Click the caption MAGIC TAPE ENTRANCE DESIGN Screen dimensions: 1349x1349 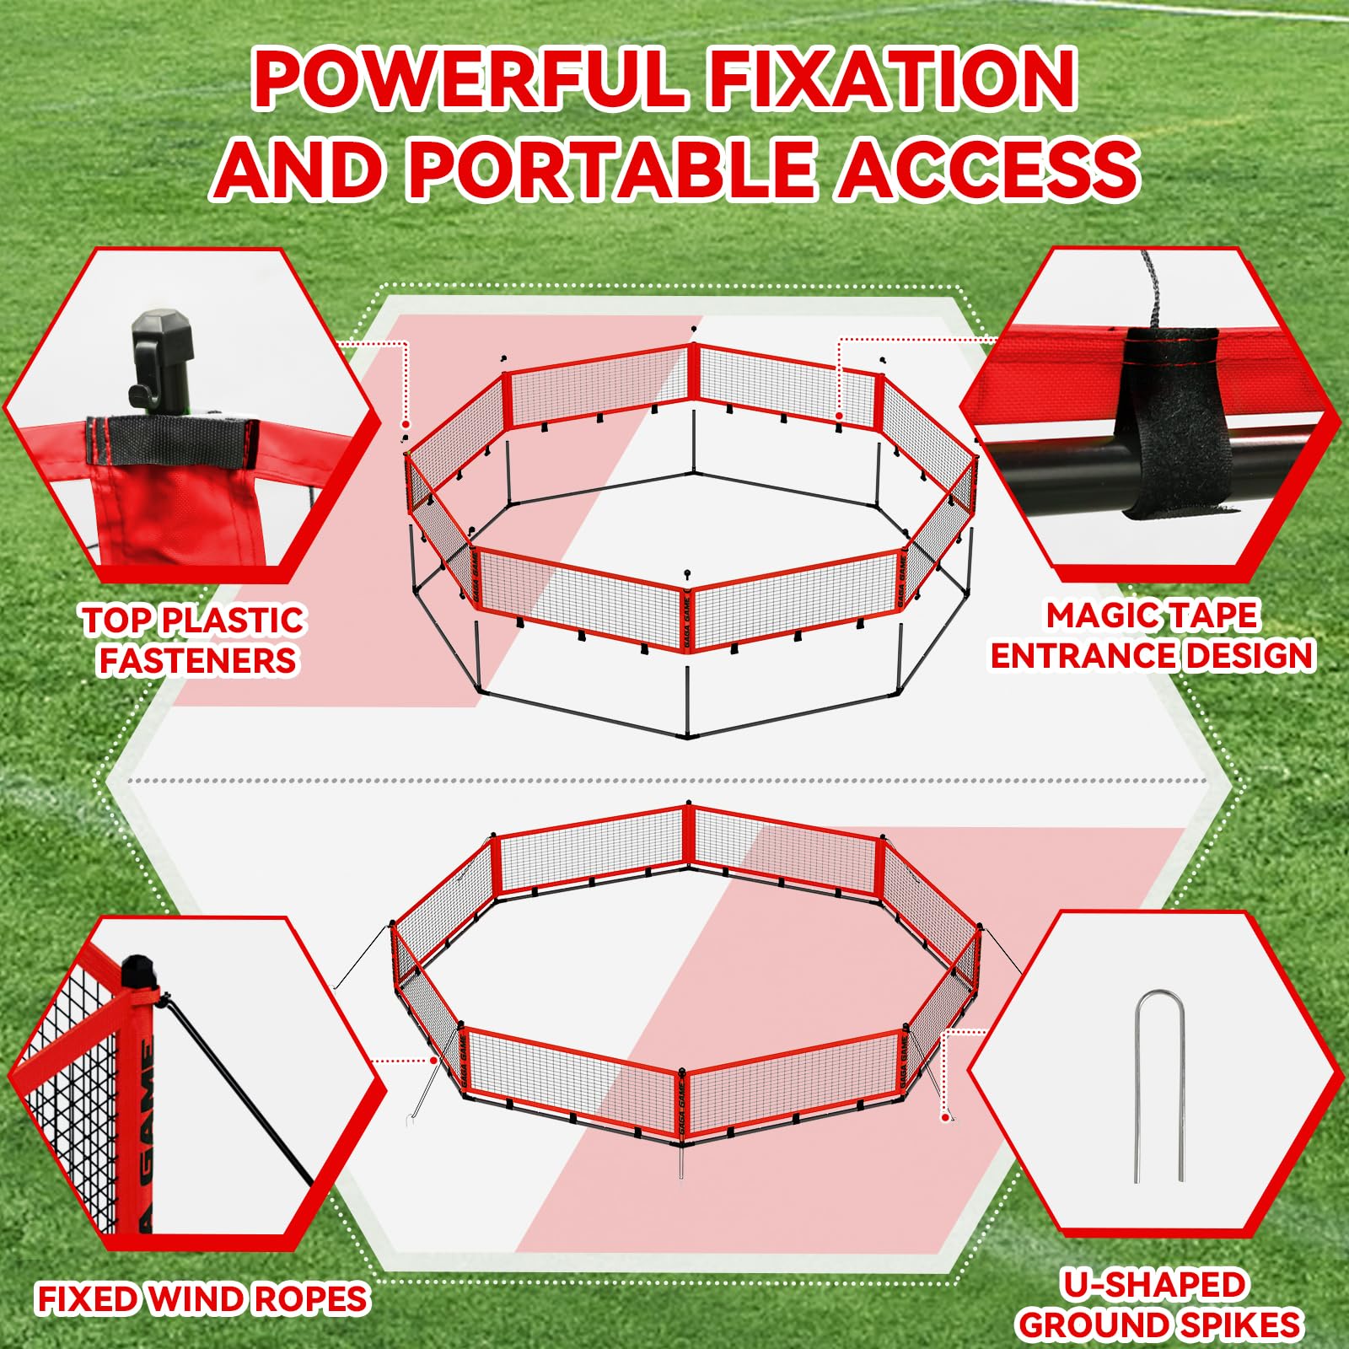click(1153, 635)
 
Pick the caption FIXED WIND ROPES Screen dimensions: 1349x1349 click(202, 1298)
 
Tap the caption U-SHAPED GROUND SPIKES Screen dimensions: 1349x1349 click(1159, 1304)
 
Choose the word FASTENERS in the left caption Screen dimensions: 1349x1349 click(198, 659)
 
